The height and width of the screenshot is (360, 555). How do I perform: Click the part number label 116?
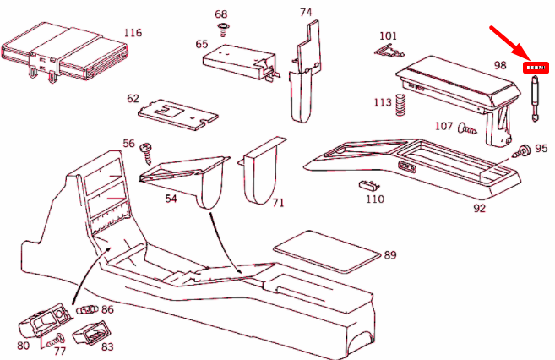click(x=132, y=33)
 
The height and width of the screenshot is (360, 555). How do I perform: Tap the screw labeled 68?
click(x=223, y=30)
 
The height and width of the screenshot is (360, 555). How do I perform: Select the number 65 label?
click(x=202, y=44)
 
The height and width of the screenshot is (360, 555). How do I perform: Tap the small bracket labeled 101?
click(x=386, y=52)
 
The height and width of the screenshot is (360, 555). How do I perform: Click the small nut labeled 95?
click(x=522, y=152)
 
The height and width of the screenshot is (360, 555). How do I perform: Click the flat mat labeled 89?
click(x=324, y=251)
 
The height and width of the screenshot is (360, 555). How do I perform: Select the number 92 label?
click(x=479, y=208)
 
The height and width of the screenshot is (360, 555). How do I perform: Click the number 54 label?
click(x=171, y=198)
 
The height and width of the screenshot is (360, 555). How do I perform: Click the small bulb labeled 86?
click(x=87, y=311)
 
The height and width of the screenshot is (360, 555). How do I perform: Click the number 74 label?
click(x=306, y=12)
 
